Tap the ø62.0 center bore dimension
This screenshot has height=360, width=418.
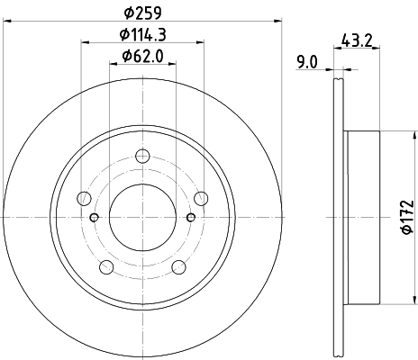point(142,60)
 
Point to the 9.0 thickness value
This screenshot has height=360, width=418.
point(308,63)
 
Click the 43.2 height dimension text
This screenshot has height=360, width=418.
point(359,39)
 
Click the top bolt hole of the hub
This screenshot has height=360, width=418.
point(141,157)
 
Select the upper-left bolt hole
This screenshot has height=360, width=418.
point(85,198)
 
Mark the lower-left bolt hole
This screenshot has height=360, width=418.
point(106,265)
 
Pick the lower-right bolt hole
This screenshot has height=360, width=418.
point(177,265)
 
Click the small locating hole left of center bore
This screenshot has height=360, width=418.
point(95,217)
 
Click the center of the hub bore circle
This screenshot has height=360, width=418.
point(141,217)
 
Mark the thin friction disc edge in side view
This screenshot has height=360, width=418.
point(339,217)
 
